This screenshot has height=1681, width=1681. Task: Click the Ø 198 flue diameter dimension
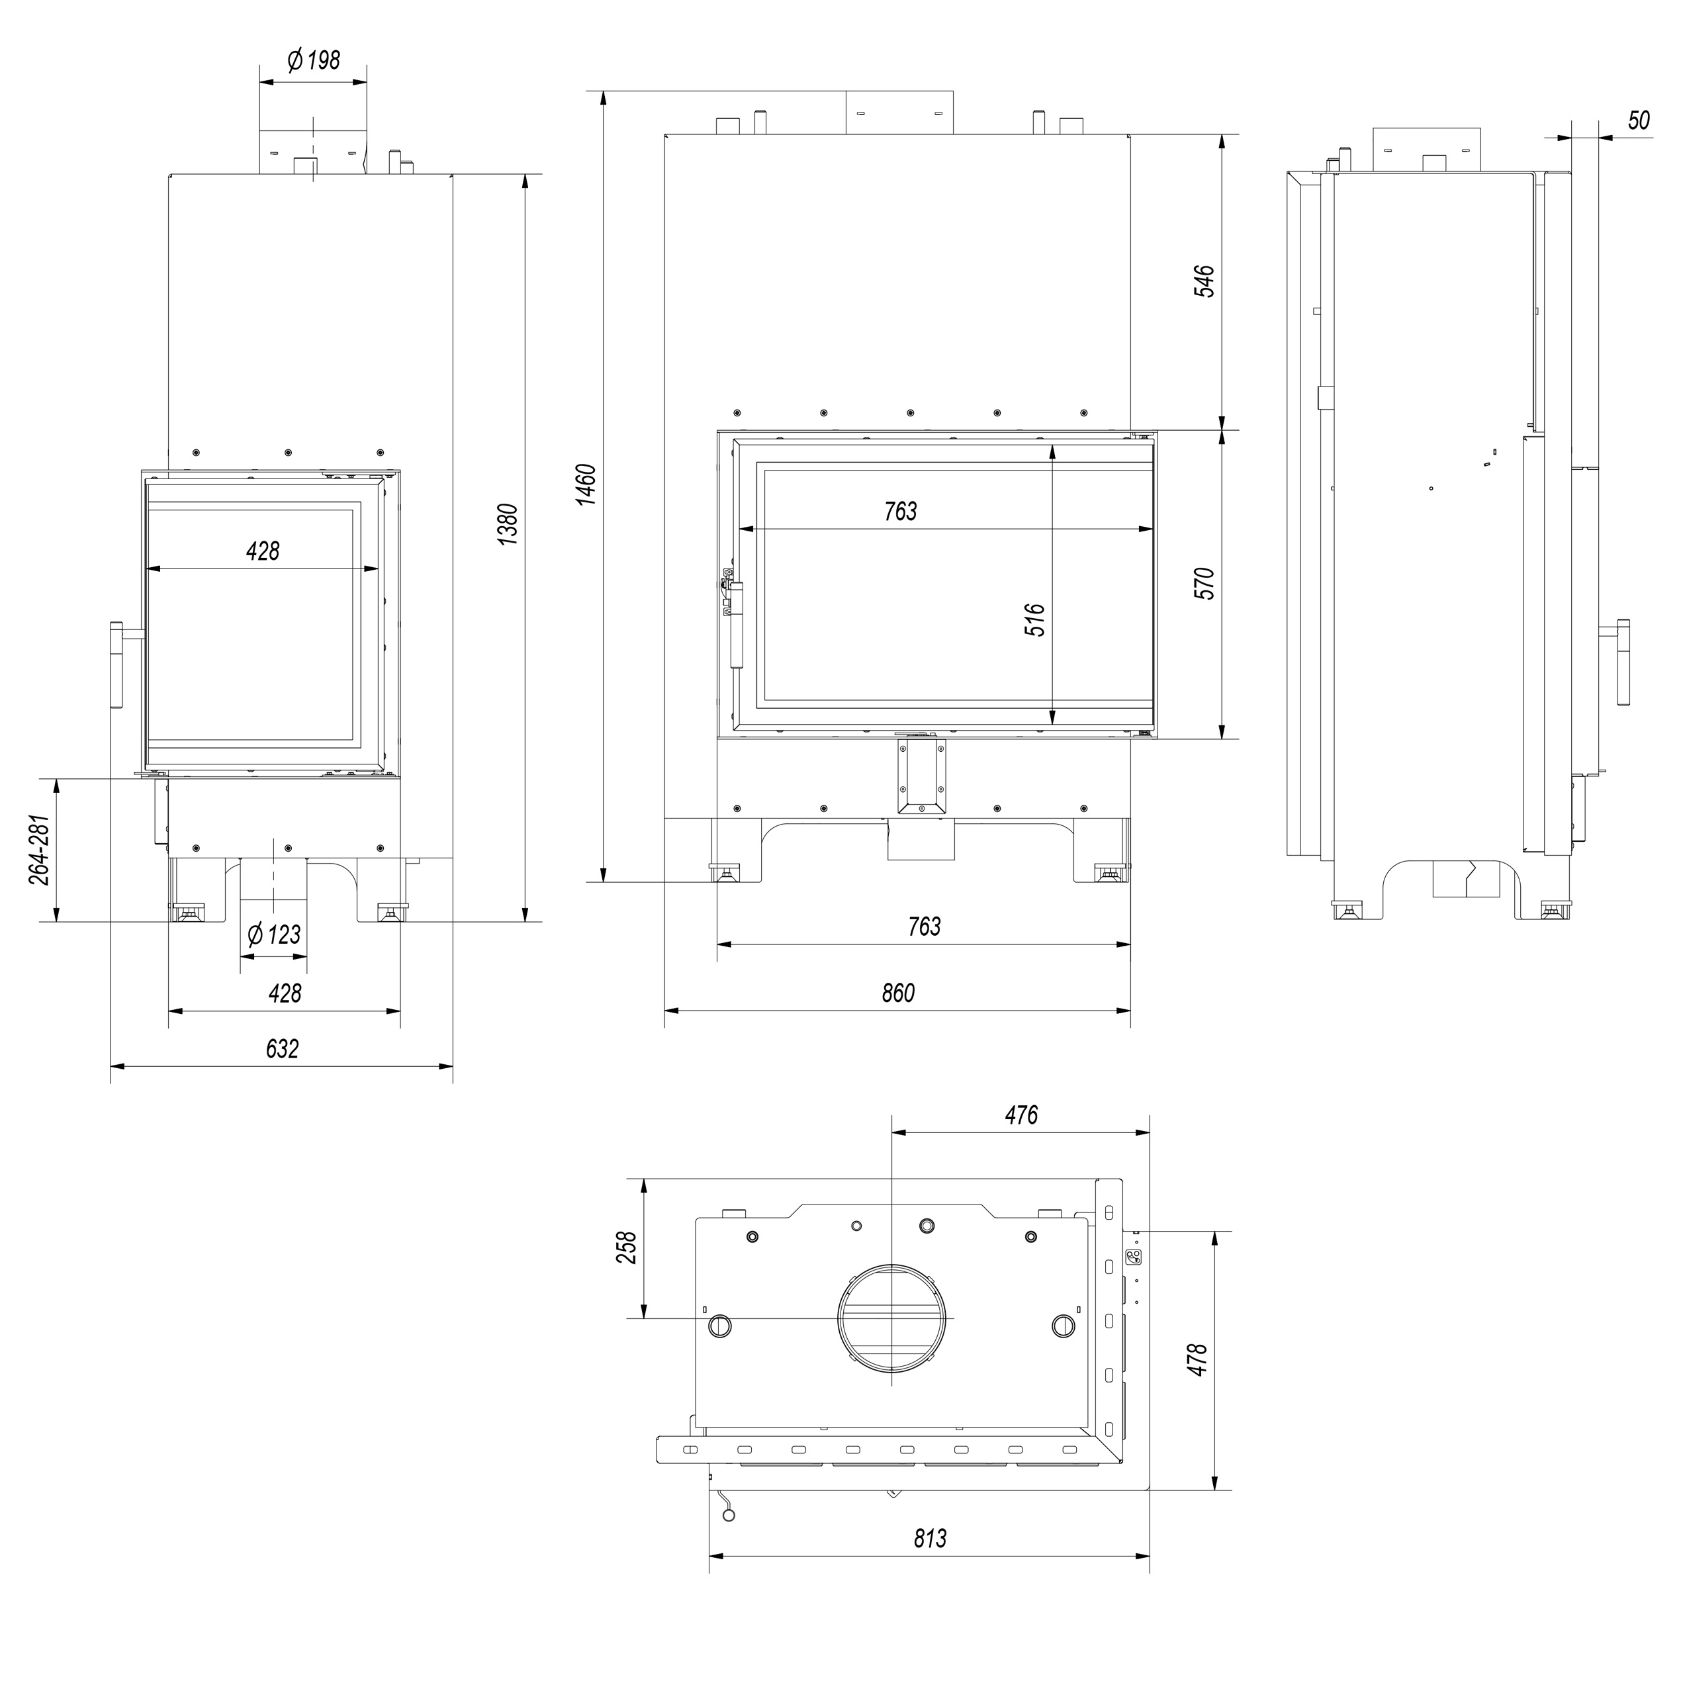tap(313, 61)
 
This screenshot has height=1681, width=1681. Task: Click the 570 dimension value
tap(1204, 583)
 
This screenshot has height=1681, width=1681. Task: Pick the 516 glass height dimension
tap(1034, 620)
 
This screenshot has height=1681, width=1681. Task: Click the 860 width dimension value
tap(898, 993)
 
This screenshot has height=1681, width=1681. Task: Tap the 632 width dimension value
tap(282, 1048)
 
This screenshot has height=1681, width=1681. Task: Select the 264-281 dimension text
tap(40, 849)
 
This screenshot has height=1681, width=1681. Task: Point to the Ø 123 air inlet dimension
tap(274, 934)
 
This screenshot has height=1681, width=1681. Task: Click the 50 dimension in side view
tap(1639, 120)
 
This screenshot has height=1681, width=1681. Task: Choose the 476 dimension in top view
tap(1021, 1114)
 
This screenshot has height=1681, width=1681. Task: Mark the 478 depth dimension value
tap(1197, 1360)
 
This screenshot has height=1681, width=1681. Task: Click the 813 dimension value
tap(930, 1538)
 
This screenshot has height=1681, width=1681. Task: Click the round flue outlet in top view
tap(892, 1318)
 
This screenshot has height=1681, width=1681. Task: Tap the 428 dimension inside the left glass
tap(263, 551)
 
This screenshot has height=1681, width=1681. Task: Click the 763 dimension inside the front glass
tap(901, 511)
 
